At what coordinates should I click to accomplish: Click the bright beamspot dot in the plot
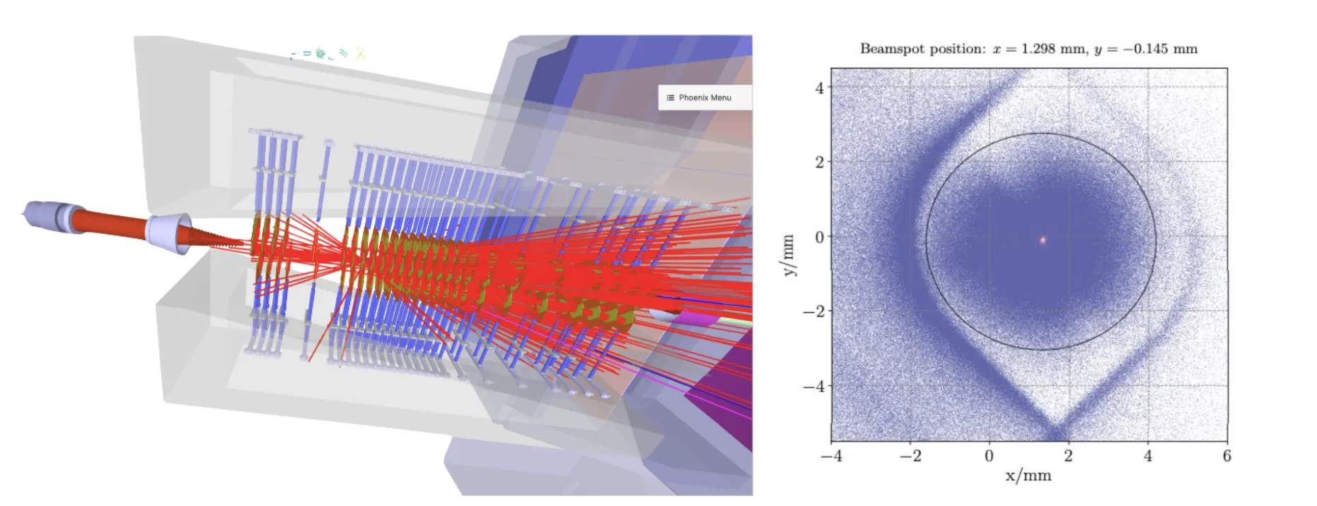[x=1042, y=240]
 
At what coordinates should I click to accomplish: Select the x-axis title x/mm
[x=1028, y=476]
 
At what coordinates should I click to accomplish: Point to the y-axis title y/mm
[x=789, y=254]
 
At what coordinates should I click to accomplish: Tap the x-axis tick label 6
[x=1226, y=457]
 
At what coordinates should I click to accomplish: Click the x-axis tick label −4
[x=831, y=457]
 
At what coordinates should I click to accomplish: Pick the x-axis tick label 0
[x=989, y=457]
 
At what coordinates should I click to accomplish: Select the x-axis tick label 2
[x=1068, y=457]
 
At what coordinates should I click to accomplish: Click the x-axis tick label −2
[x=910, y=457]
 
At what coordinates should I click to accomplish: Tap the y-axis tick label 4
[x=819, y=88]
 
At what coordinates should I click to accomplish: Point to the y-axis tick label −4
[x=813, y=387]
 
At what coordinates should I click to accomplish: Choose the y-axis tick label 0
[x=819, y=237]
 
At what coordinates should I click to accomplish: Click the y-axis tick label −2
[x=813, y=312]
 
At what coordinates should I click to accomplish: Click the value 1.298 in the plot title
[x=1038, y=49]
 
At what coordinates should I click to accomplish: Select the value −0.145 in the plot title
[x=1145, y=49]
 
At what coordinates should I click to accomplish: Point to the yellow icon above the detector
[x=361, y=52]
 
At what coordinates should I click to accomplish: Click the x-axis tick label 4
[x=1147, y=457]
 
